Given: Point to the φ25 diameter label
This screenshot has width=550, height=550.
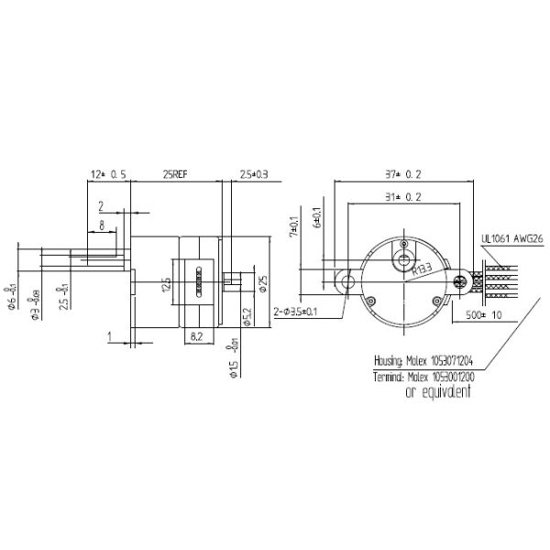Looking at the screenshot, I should pos(263,283).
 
